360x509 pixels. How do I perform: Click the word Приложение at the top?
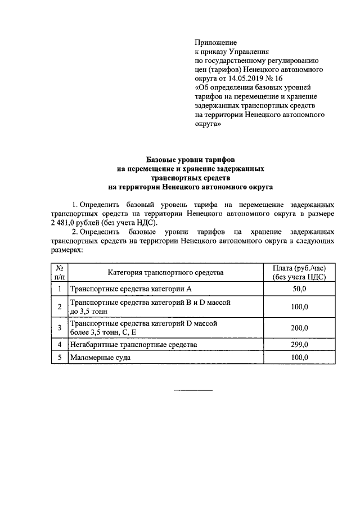pos(215,42)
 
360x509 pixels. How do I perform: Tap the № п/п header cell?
pos(59,272)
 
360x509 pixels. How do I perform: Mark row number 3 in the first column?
pos(59,328)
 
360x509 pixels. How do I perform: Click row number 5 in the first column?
pos(59,358)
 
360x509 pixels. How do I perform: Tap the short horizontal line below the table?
pos(193,390)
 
